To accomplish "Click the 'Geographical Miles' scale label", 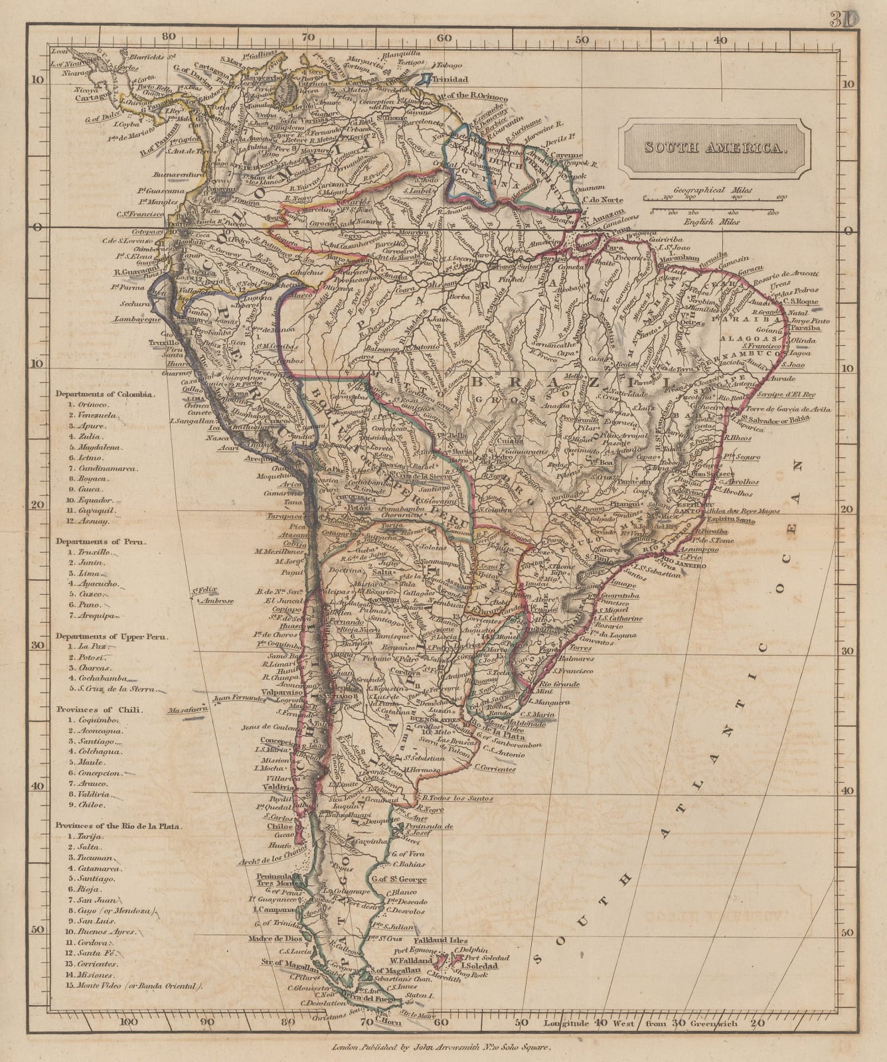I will pyautogui.click(x=714, y=189).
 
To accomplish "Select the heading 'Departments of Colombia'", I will pyautogui.click(x=106, y=392).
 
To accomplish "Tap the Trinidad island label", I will pyautogui.click(x=451, y=79).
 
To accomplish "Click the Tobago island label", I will pyautogui.click(x=451, y=65).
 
